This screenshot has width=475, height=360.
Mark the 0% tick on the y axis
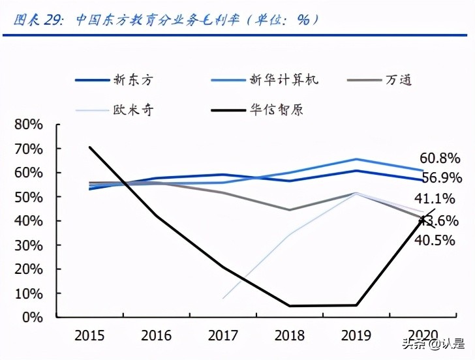33,318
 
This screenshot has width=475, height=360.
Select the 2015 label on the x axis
89,336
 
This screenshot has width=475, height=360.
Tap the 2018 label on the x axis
289,336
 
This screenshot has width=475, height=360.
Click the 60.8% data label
440,158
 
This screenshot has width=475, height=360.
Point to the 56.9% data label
440,177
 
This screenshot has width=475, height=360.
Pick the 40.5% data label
437,239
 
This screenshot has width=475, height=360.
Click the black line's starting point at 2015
89,147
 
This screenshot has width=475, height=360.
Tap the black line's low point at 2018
289,306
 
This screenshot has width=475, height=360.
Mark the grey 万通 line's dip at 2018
289,210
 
